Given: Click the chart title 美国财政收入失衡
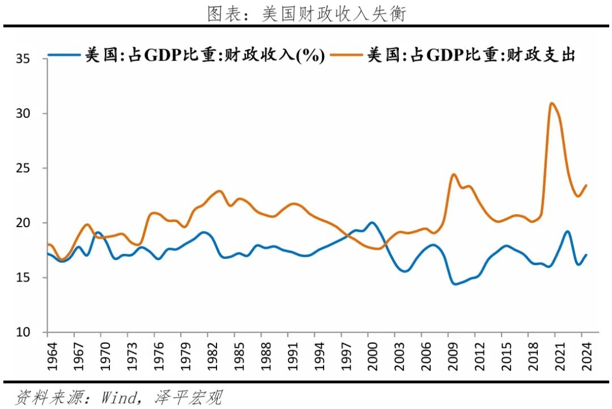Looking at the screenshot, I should click(x=307, y=14).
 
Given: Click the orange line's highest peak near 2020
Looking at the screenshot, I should click(x=551, y=103).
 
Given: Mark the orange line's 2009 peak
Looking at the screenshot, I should click(x=453, y=174).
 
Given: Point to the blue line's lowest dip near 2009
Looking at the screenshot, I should click(x=454, y=284).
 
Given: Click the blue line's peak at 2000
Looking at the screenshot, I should click(x=372, y=223).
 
